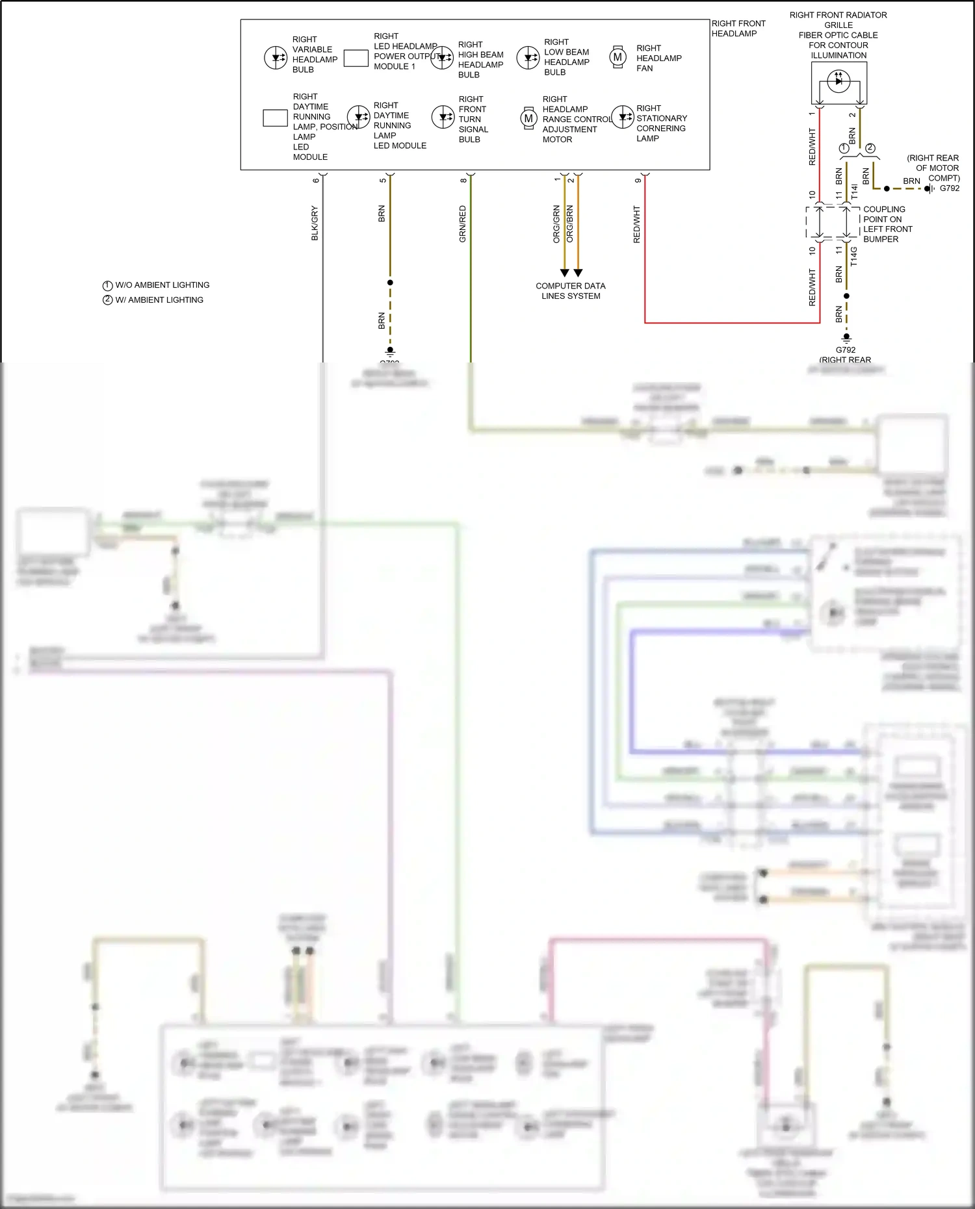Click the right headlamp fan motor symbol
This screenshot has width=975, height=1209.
pyautogui.click(x=617, y=57)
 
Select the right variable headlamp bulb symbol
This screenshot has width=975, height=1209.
pyautogui.click(x=276, y=57)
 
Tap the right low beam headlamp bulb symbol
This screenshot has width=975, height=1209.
pyautogui.click(x=528, y=58)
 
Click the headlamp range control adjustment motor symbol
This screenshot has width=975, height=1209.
pyautogui.click(x=528, y=118)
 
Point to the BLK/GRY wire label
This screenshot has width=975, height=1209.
pyautogui.click(x=315, y=223)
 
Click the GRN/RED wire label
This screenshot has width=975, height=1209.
pyautogui.click(x=463, y=224)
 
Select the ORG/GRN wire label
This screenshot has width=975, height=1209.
pyautogui.click(x=556, y=224)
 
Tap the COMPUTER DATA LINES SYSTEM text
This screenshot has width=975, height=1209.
pyautogui.click(x=570, y=291)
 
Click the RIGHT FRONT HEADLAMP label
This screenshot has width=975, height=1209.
pyautogui.click(x=738, y=29)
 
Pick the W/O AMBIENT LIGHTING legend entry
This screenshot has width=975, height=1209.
pyautogui.click(x=156, y=285)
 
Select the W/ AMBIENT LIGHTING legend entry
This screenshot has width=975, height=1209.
pyautogui.click(x=153, y=300)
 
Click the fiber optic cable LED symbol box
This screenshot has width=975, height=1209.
pyautogui.click(x=838, y=83)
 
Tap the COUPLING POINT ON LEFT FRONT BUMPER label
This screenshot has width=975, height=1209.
pyautogui.click(x=887, y=224)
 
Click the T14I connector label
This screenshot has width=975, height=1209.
pyautogui.click(x=854, y=191)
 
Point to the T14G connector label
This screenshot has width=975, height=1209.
pyautogui.click(x=854, y=257)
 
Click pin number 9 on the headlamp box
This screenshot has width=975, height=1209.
pyautogui.click(x=638, y=181)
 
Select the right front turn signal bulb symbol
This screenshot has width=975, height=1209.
pyautogui.click(x=443, y=118)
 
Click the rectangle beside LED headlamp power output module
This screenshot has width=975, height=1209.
pyautogui.click(x=356, y=58)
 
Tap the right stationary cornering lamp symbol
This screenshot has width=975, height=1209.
pyautogui.click(x=623, y=117)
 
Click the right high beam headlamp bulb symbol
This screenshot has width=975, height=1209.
pyautogui.click(x=442, y=58)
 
